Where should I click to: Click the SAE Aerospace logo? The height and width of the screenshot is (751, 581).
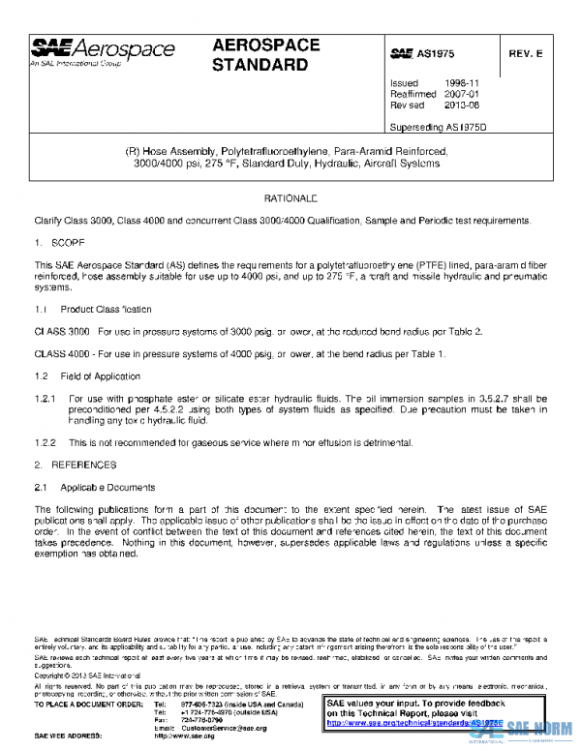(103, 51)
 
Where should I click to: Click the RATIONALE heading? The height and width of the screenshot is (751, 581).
(290, 197)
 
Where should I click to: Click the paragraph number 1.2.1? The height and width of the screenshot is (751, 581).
(46, 398)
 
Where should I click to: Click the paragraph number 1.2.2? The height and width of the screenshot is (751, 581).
(46, 442)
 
